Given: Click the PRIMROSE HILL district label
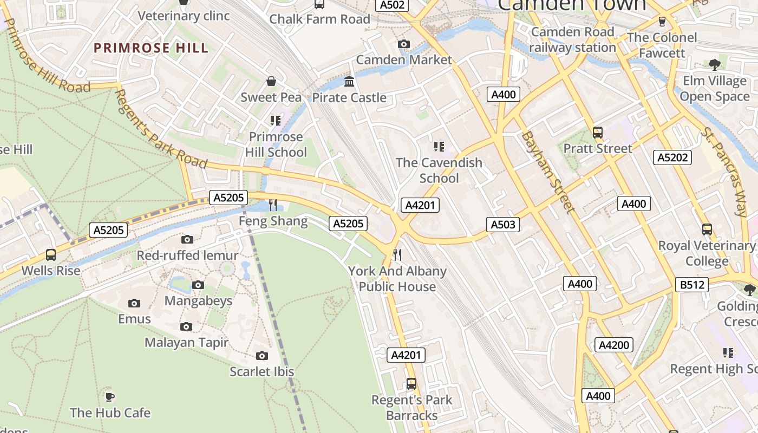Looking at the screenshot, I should point(151,48).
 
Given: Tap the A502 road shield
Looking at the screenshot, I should point(391,5).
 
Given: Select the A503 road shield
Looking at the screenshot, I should point(503,224).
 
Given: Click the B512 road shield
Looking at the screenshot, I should point(692,284).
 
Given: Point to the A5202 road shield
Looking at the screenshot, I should point(672,158).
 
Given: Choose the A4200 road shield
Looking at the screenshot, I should point(613,345).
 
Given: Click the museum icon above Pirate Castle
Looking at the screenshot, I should point(349,82).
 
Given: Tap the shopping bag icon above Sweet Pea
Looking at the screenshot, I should point(271,81).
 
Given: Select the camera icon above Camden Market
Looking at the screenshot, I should point(403,44).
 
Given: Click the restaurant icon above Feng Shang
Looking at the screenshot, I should point(273,205).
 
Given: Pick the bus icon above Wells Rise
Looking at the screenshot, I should point(51,254).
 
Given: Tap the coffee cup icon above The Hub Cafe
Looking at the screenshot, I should point(110,397).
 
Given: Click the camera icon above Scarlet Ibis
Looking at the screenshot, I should point(262,356).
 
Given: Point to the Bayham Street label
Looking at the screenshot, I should point(547,172).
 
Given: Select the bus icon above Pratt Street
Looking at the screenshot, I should point(598,132).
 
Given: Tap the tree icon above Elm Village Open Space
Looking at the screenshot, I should point(715,65).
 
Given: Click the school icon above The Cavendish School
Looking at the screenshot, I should point(439,146).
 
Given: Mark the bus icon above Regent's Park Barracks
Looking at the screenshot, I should point(411,384).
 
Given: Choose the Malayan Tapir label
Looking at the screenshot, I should point(186,343).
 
